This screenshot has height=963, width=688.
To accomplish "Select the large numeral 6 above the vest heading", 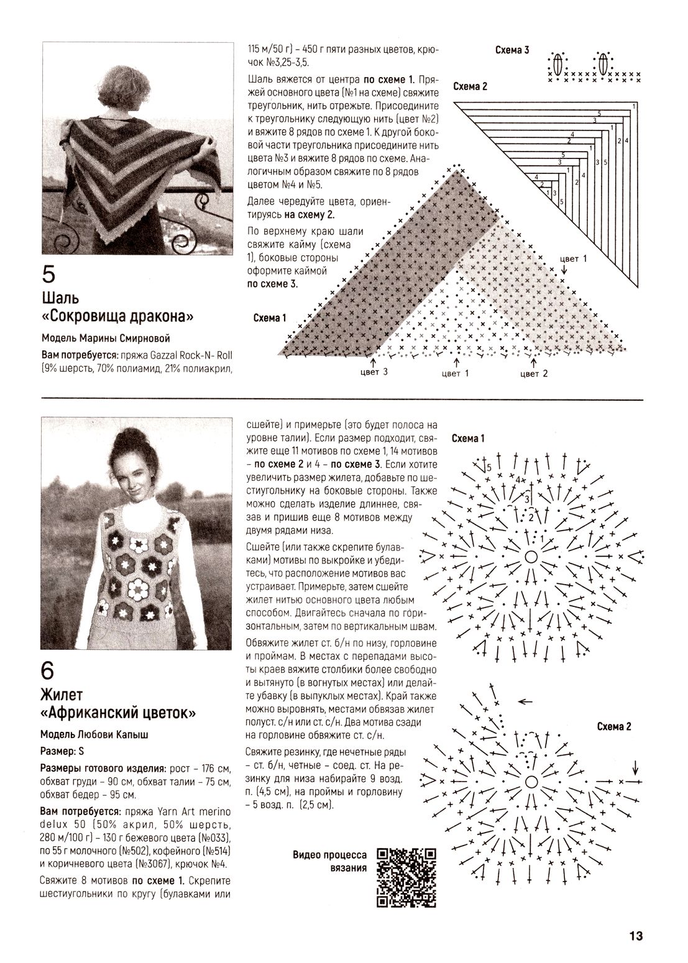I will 49,671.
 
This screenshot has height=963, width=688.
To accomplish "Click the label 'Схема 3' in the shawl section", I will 512,50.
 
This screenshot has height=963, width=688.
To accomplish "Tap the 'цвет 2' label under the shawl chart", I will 534,373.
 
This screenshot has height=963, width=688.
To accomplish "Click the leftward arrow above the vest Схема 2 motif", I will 526,701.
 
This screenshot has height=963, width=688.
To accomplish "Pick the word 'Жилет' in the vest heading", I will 62,693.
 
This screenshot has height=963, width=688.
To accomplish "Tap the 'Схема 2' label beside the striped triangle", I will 470,86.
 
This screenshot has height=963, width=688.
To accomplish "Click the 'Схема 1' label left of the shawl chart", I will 269,318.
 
